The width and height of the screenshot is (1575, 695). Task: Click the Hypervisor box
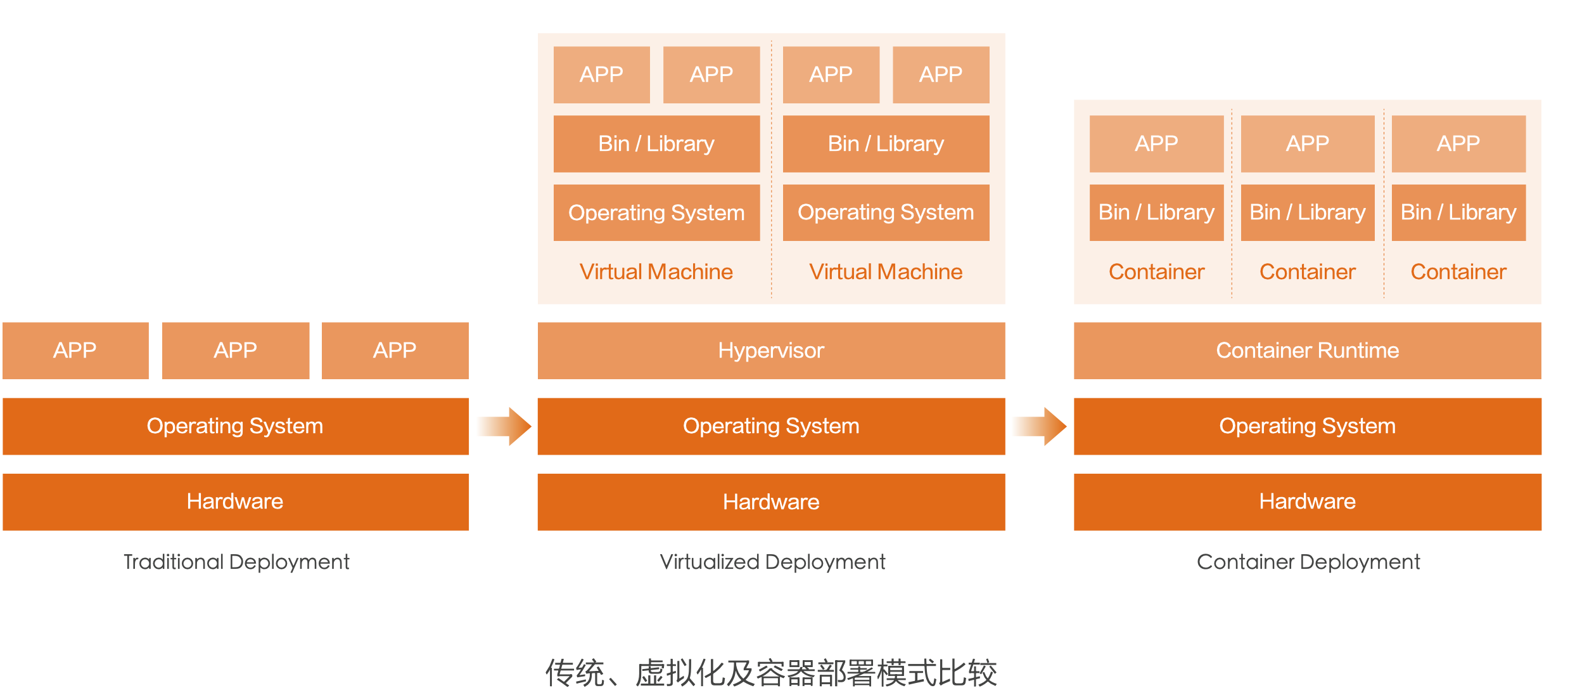[771, 351]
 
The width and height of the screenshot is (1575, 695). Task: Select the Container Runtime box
[1307, 351]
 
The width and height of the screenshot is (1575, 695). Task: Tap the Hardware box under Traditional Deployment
[235, 502]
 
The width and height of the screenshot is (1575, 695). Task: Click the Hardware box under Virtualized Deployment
[771, 502]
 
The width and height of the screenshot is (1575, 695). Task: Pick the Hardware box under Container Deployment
[1307, 502]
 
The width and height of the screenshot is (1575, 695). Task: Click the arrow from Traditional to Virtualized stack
[506, 426]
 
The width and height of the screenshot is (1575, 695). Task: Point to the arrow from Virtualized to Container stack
[1041, 426]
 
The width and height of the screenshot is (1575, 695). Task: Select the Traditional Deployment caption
[236, 562]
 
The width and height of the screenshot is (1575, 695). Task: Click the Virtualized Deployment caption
[772, 562]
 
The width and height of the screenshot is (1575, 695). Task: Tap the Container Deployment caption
[1308, 562]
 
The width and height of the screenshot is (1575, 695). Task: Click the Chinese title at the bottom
[771, 673]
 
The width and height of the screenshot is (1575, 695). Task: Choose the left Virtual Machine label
[656, 272]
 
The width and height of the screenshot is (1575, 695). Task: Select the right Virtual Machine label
[886, 272]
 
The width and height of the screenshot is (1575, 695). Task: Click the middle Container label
[1307, 272]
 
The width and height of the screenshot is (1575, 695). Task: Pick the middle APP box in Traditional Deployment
[235, 351]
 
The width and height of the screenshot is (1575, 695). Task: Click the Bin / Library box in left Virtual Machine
[656, 144]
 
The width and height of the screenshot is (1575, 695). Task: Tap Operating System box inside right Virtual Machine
[886, 212]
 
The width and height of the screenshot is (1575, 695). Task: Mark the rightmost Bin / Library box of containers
[1458, 212]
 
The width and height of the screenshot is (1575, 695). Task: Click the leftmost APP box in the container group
[1156, 144]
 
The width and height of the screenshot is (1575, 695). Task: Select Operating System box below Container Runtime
[1307, 426]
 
